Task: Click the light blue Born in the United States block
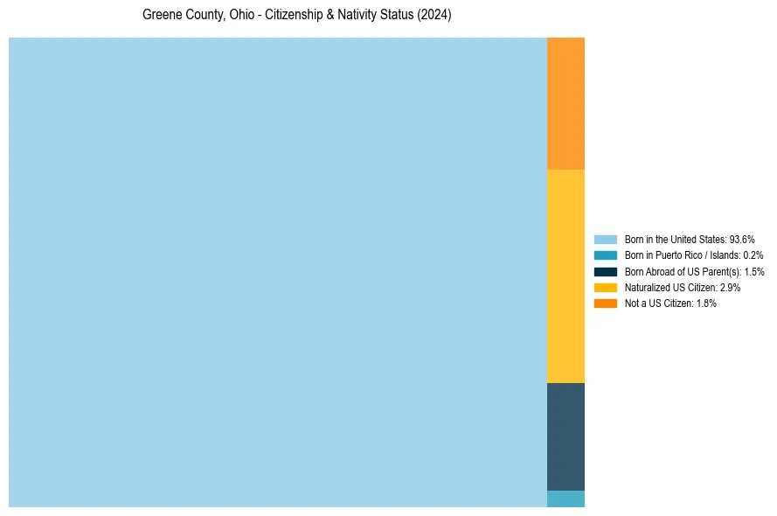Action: coord(277,272)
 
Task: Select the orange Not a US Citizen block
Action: coord(565,103)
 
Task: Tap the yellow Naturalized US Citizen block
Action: coord(565,275)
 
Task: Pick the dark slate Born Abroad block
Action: coord(565,436)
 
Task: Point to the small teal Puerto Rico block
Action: coord(565,499)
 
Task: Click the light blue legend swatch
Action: coord(605,239)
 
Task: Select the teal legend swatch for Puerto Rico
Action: coord(605,255)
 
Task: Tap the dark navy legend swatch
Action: coord(605,271)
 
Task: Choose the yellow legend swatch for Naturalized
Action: coord(605,287)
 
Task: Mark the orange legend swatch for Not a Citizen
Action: coord(605,303)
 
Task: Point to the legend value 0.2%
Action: coord(753,255)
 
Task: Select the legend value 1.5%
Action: coord(753,271)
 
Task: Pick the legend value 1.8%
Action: coord(705,303)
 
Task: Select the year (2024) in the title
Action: coord(434,16)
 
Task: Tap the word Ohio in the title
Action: coord(242,16)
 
